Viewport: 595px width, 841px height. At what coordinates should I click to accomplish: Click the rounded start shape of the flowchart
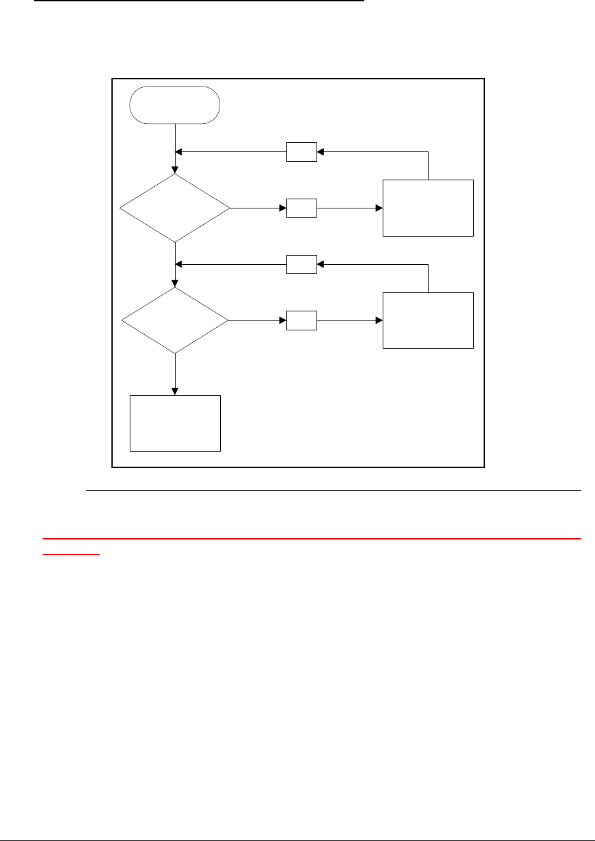[x=175, y=104]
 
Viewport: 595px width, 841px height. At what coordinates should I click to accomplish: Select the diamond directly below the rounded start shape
[x=175, y=208]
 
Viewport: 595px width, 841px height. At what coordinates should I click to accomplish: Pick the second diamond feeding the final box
[x=175, y=321]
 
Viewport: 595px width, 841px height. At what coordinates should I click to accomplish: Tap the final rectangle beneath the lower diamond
[x=175, y=423]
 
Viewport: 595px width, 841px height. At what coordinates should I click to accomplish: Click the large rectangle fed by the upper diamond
[x=428, y=207]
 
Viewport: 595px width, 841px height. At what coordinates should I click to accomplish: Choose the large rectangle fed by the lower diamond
[x=428, y=320]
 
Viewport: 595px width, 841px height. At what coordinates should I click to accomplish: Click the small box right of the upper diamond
[x=301, y=208]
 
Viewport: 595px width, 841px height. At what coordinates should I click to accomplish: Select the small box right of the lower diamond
[x=301, y=321]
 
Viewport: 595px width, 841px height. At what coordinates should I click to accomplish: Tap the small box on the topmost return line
[x=301, y=152]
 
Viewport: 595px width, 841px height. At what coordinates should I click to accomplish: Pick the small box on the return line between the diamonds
[x=301, y=265]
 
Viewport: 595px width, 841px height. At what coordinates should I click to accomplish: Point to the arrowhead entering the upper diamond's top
[x=175, y=170]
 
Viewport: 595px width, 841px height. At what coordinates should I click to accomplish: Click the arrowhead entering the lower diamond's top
[x=175, y=283]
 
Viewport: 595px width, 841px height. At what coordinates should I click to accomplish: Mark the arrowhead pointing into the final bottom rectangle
[x=175, y=391]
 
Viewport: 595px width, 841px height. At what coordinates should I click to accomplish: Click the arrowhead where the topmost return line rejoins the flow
[x=179, y=152]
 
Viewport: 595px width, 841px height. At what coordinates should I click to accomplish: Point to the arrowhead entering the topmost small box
[x=320, y=152]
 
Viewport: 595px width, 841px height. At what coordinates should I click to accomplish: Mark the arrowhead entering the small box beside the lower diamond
[x=283, y=321]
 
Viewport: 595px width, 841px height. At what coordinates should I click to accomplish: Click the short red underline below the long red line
[x=71, y=554]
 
